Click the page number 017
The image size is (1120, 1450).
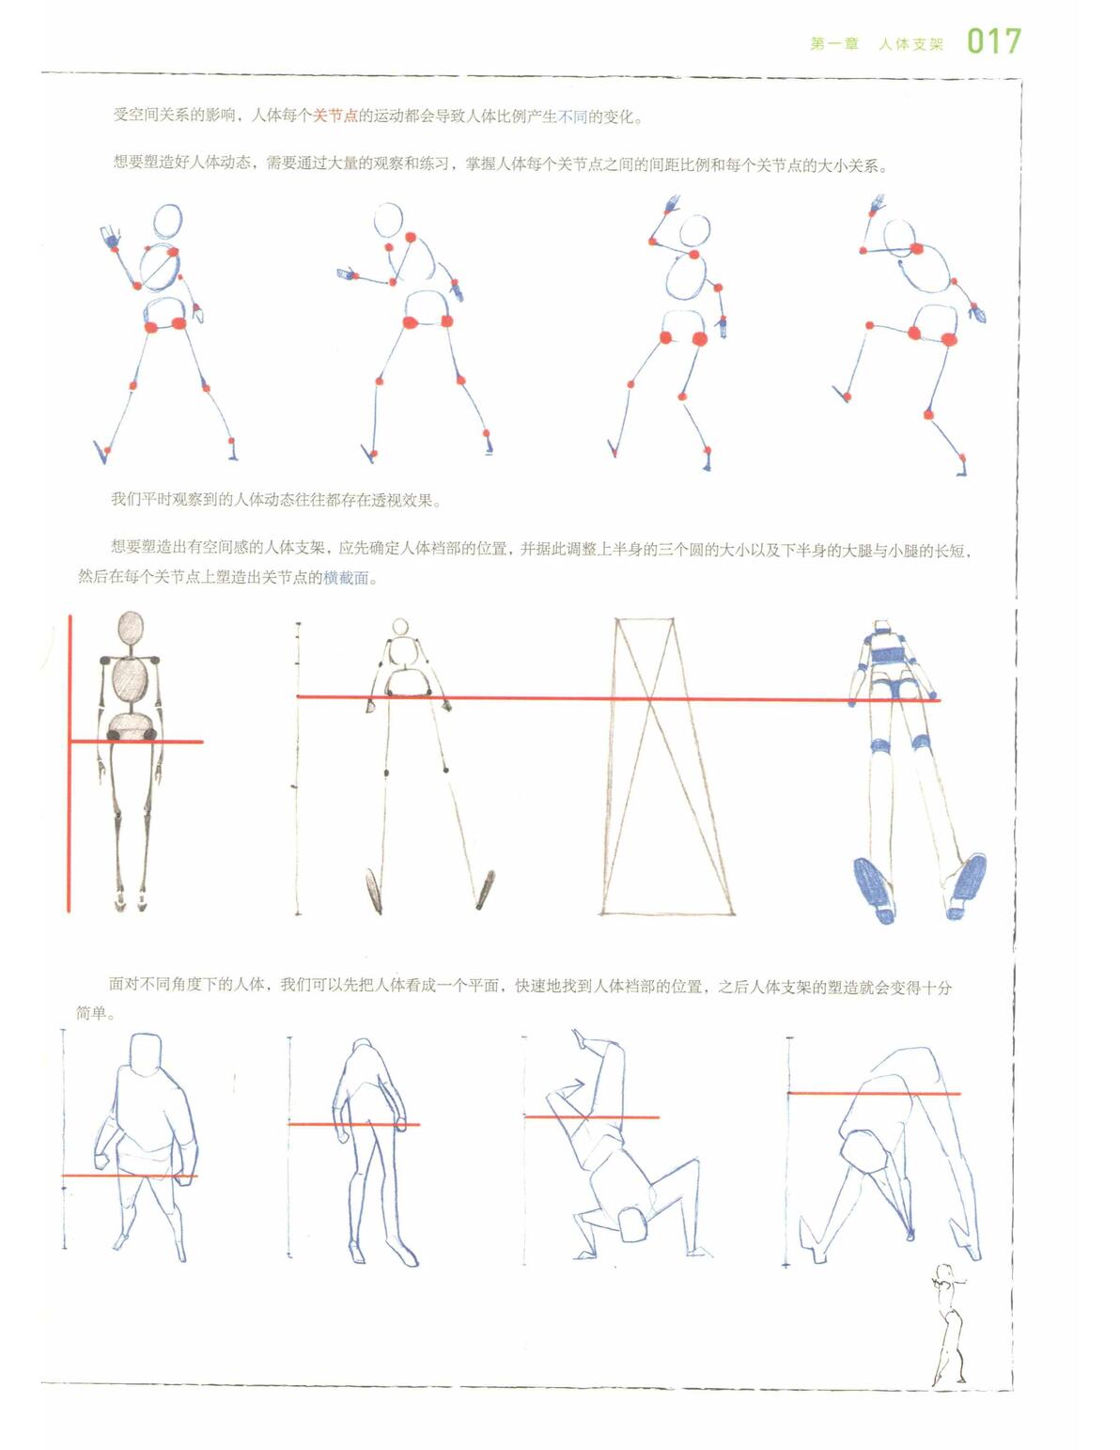point(994,41)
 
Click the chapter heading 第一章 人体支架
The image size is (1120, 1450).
point(878,44)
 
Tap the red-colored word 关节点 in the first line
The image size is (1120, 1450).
point(335,116)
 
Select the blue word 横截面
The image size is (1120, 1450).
point(346,578)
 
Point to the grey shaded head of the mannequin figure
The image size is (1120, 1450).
point(130,629)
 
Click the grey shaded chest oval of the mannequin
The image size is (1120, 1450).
point(130,681)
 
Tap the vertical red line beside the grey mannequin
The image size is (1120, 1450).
point(70,763)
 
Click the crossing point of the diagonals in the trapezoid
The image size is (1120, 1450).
point(650,698)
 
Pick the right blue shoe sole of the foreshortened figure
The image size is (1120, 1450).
point(967,885)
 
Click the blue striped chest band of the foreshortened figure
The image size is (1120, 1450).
point(887,655)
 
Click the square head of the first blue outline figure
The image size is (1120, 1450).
point(146,1054)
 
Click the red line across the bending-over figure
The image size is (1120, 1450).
point(874,1093)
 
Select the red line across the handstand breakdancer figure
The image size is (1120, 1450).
point(592,1115)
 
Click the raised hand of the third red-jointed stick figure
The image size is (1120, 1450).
point(671,204)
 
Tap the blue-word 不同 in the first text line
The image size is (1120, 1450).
point(571,117)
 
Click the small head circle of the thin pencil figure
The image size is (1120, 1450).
point(399,626)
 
